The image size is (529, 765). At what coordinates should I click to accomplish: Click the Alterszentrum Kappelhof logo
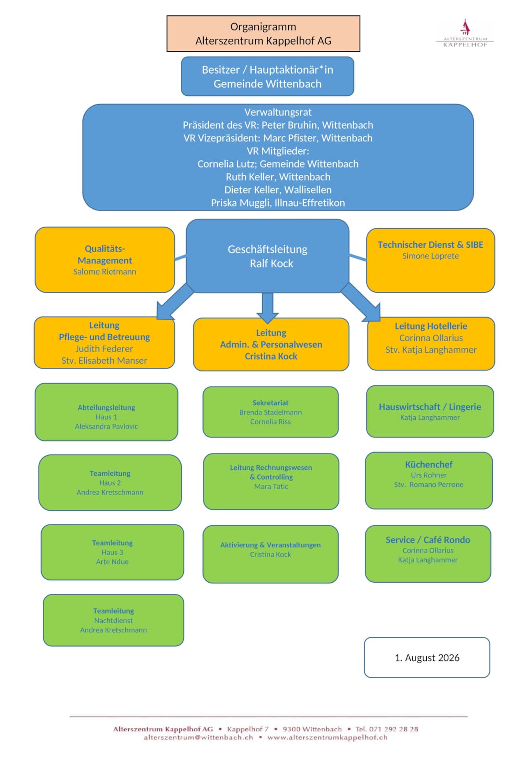(x=465, y=33)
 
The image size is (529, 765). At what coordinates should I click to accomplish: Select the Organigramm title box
(x=263, y=34)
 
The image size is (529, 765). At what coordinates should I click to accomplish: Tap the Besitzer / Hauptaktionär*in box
(x=268, y=76)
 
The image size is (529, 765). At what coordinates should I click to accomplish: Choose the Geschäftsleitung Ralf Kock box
(x=268, y=256)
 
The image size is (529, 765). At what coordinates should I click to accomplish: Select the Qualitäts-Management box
(x=105, y=260)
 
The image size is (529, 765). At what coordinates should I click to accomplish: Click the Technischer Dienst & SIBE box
(x=431, y=260)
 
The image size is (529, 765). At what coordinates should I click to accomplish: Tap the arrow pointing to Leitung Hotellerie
(x=361, y=302)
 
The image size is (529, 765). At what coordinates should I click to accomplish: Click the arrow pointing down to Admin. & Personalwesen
(x=268, y=308)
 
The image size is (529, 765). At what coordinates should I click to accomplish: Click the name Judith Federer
(x=104, y=349)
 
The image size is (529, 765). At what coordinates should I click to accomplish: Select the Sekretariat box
(x=271, y=412)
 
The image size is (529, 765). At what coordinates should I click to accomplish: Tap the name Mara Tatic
(x=271, y=486)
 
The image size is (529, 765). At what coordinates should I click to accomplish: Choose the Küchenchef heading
(x=429, y=464)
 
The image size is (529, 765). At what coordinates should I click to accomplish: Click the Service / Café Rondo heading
(x=428, y=540)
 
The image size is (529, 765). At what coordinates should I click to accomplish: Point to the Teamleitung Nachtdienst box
(x=114, y=620)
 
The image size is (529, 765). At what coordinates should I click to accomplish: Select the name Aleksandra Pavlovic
(x=106, y=426)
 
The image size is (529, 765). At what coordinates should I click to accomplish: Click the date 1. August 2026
(x=427, y=658)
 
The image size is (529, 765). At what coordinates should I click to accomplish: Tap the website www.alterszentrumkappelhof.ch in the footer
(x=328, y=738)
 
